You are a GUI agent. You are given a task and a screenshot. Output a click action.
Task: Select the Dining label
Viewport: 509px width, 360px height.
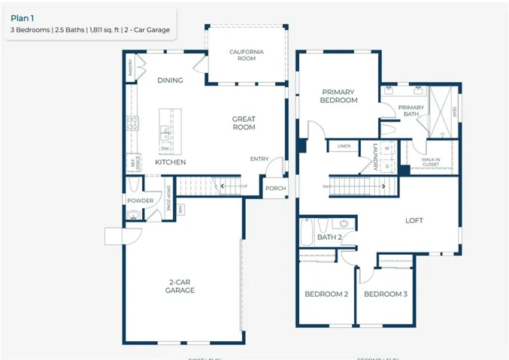point(170,80)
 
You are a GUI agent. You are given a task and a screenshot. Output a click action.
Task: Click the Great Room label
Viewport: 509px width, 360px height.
point(243,123)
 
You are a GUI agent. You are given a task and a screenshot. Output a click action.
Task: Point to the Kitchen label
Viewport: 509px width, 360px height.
point(170,162)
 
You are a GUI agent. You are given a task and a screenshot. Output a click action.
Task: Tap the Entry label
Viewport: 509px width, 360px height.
point(259,159)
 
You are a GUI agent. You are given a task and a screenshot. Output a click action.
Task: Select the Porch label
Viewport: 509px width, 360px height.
point(275,188)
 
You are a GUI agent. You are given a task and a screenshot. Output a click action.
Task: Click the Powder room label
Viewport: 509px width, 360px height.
point(141,201)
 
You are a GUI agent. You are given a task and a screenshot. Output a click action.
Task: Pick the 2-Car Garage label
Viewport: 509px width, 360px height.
point(180,286)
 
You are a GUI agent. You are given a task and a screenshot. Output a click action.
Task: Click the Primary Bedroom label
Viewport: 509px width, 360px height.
point(338,96)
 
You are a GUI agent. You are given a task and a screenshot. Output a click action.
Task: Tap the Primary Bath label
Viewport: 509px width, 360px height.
point(411,111)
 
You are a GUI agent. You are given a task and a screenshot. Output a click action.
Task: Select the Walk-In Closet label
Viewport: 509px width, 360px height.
point(430,162)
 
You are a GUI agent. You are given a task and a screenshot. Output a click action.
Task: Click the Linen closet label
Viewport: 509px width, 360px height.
point(344,146)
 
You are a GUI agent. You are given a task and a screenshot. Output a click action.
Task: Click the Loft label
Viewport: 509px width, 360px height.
point(414,220)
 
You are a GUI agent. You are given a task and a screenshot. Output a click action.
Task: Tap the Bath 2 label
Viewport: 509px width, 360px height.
point(329,237)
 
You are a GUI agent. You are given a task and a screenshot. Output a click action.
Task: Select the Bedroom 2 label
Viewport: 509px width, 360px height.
point(326,294)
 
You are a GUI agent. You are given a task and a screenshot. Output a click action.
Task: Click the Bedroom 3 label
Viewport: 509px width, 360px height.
point(385,294)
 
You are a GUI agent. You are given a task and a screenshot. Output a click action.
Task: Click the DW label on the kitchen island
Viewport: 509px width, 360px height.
point(164,148)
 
